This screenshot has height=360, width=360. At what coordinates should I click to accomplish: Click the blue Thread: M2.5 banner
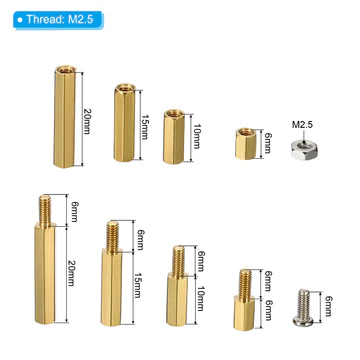(x=58, y=20)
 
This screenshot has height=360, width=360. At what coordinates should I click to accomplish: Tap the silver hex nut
(x=304, y=149)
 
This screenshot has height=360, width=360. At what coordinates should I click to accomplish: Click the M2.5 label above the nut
(x=303, y=125)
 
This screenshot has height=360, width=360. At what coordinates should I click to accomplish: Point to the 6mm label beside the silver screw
(x=328, y=306)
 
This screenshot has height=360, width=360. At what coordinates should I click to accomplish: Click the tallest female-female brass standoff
(x=65, y=117)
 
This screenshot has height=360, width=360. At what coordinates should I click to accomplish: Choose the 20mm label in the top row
(x=86, y=121)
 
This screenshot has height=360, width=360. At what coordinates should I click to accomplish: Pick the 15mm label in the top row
(x=145, y=126)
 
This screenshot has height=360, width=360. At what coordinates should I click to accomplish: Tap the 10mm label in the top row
(x=196, y=136)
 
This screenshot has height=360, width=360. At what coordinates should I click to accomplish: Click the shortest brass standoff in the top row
(x=245, y=144)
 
